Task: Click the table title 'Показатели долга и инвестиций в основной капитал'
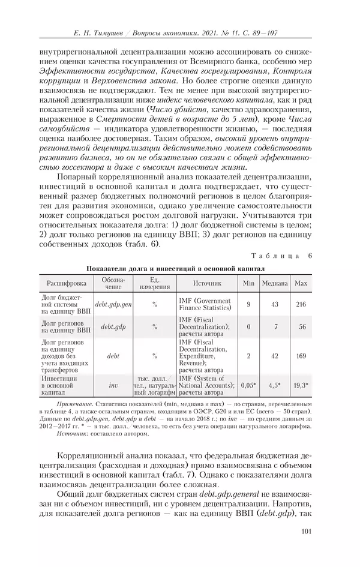(x=175, y=268)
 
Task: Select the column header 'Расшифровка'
(x=67, y=283)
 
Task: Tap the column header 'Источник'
(x=208, y=283)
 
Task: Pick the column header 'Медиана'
(x=274, y=283)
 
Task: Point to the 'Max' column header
(x=302, y=283)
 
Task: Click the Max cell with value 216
(x=302, y=304)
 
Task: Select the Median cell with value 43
(x=274, y=304)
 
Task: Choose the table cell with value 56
(x=302, y=327)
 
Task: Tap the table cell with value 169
(x=302, y=355)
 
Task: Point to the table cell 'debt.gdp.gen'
(x=113, y=304)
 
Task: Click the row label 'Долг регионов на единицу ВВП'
(x=66, y=327)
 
